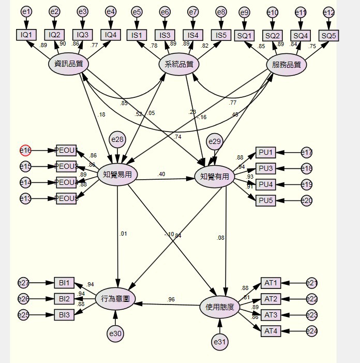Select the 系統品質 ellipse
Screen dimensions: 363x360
pos(179,64)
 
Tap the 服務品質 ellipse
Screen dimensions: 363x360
pos(287,65)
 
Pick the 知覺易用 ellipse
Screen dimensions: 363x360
pos(117,175)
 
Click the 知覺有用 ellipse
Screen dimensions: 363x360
pos(215,177)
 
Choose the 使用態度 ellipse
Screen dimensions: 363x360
pos(220,307)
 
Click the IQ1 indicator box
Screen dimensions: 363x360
pos(26,35)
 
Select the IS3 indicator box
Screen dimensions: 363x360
pos(164,35)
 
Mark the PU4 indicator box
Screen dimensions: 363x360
pos(265,184)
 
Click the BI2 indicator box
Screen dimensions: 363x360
pos(65,298)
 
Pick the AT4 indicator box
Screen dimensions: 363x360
pos(271,331)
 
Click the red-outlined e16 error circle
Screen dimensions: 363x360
pos(26,151)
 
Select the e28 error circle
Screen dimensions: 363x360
pos(117,139)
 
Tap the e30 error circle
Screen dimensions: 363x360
pos(115,334)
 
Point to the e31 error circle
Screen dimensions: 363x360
pos(220,342)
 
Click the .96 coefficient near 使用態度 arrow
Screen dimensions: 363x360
pos(171,299)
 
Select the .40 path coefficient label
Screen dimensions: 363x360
pos(161,175)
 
